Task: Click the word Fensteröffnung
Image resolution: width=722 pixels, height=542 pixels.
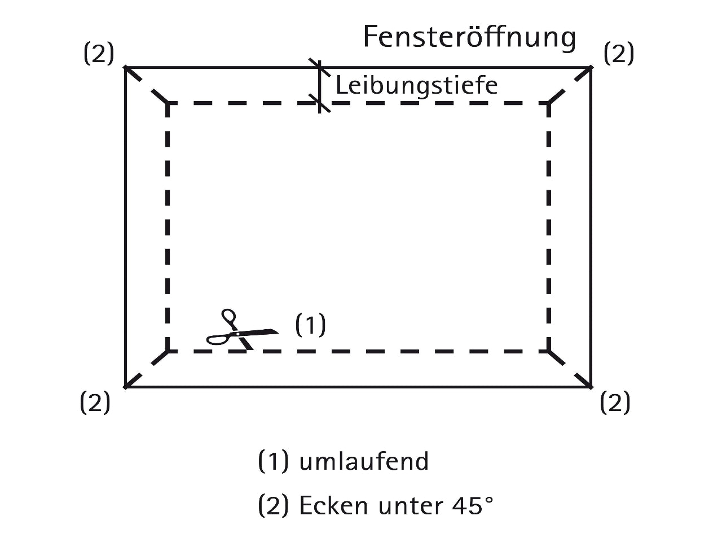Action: (x=469, y=37)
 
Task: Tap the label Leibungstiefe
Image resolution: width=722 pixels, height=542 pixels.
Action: (x=416, y=85)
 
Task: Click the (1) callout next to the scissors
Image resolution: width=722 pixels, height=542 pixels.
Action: (x=311, y=325)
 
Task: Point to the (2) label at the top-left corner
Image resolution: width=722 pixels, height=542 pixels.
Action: (x=99, y=54)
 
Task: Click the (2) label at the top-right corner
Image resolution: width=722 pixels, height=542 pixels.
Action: (x=619, y=54)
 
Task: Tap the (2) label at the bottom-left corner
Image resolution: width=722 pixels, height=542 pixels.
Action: (x=95, y=403)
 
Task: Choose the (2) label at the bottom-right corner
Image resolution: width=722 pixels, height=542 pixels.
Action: (x=615, y=403)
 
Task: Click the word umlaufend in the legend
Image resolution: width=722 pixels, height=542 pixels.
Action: (x=364, y=461)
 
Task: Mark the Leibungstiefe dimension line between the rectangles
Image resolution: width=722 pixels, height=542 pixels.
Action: (x=320, y=85)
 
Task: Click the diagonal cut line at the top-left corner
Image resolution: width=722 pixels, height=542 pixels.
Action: (x=146, y=85)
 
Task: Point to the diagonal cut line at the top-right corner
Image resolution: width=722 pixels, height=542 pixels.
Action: (x=570, y=85)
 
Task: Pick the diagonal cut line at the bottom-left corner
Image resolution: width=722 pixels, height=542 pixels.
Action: (x=146, y=369)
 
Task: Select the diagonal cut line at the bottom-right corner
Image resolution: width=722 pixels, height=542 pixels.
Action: (x=570, y=369)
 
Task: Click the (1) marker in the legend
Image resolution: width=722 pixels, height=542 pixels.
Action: (x=273, y=461)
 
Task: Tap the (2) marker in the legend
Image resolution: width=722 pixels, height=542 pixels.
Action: (x=273, y=505)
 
